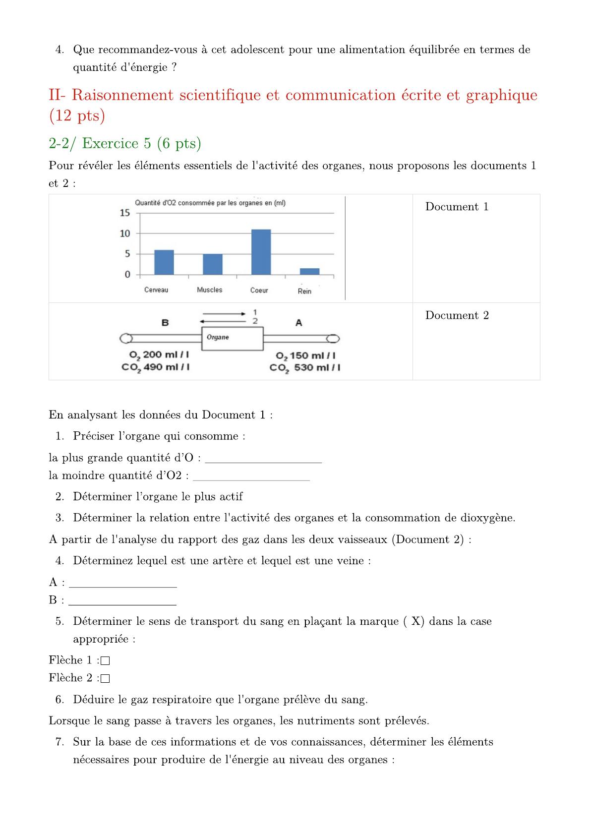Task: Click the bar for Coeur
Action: [x=261, y=252]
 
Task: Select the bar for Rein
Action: [x=309, y=271]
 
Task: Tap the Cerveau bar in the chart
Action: [x=164, y=262]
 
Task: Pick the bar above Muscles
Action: [x=213, y=264]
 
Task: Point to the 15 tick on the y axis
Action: [x=125, y=213]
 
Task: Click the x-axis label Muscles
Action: [x=210, y=290]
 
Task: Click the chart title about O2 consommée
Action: [x=210, y=203]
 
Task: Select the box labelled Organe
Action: [x=231, y=338]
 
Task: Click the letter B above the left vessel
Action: [x=165, y=323]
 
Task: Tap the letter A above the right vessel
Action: [x=298, y=323]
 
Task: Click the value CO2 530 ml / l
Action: [x=305, y=368]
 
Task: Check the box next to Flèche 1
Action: [x=105, y=660]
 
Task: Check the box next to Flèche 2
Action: [x=105, y=678]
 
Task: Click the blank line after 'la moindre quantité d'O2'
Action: [x=251, y=478]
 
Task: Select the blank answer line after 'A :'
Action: [x=123, y=585]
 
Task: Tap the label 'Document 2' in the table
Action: [x=457, y=315]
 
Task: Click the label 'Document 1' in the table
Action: [x=457, y=207]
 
